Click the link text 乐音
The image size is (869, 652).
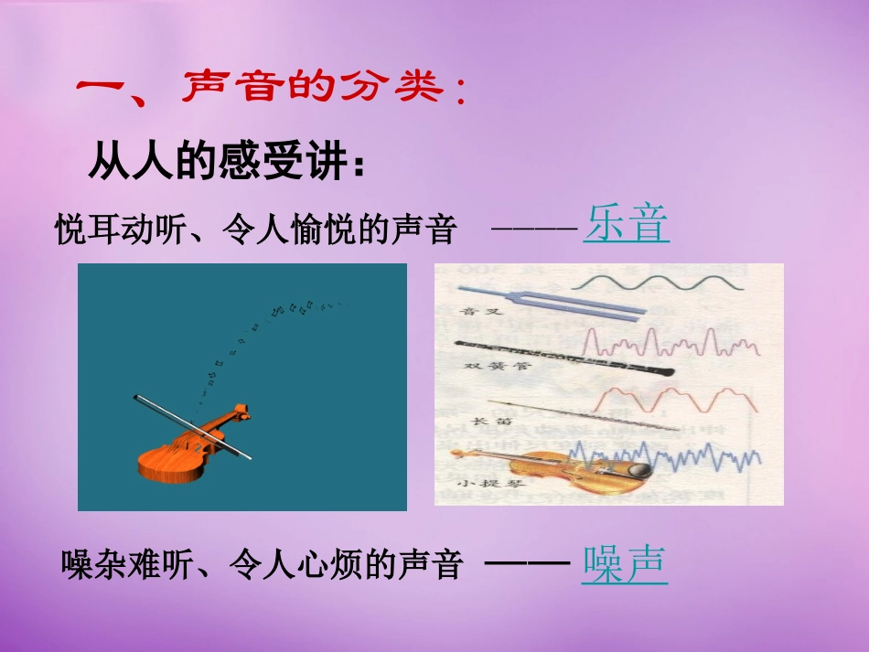[627, 225]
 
